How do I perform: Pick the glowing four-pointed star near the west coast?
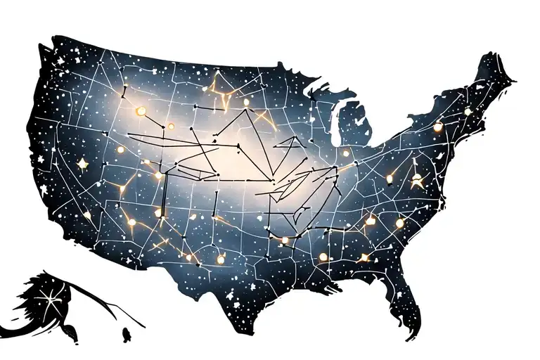pos(83,163)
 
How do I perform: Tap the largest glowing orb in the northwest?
pos(141,110)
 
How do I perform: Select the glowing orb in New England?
pos(468,111)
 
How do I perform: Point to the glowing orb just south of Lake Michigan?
pos(345,153)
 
